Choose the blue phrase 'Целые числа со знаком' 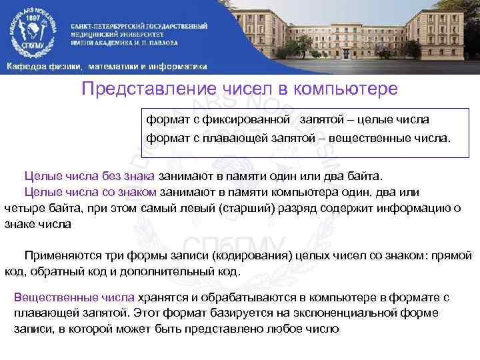91,192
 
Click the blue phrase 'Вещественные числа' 74,297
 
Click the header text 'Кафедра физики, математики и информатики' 107,67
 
